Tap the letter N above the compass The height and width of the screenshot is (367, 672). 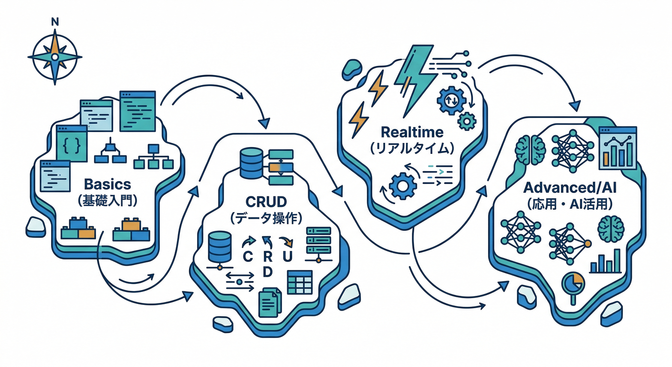click(x=55, y=21)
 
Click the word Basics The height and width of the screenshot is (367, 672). click(x=107, y=184)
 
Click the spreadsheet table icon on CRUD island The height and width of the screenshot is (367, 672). click(x=299, y=282)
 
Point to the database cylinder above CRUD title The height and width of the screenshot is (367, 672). click(x=252, y=162)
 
